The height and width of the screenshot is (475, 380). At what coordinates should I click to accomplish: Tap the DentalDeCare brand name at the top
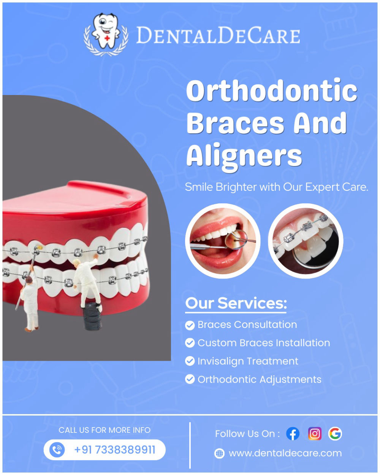pos(218,35)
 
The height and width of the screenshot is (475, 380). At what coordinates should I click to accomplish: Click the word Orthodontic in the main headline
pos(272,90)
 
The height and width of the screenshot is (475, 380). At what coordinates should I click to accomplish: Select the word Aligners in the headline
pos(244,155)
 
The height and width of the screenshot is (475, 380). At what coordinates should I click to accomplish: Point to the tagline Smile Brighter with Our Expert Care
pos(276,187)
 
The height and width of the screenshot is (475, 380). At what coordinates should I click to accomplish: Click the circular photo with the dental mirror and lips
pos(223,241)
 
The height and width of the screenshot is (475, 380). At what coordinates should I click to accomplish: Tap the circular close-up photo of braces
pos(306,241)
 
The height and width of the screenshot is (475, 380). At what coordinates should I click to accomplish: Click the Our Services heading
pos(236,304)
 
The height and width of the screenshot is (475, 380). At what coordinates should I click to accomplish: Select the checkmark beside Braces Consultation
pos(190,325)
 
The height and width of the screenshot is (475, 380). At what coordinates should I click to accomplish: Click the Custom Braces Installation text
pos(264,343)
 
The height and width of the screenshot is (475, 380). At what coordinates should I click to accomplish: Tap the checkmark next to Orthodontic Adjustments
pos(190,379)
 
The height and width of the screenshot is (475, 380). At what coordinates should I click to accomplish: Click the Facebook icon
pos(293,434)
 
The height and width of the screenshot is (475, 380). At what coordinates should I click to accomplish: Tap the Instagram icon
pos(315,434)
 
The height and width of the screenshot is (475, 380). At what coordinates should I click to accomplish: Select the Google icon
pos(335,434)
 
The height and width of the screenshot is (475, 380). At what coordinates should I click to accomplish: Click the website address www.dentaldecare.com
pos(285,453)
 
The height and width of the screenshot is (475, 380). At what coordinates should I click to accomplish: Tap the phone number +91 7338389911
pos(115,450)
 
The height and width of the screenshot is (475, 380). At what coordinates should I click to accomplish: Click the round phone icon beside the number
pos(57,450)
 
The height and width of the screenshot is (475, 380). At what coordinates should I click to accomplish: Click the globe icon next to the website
pos(220,454)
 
